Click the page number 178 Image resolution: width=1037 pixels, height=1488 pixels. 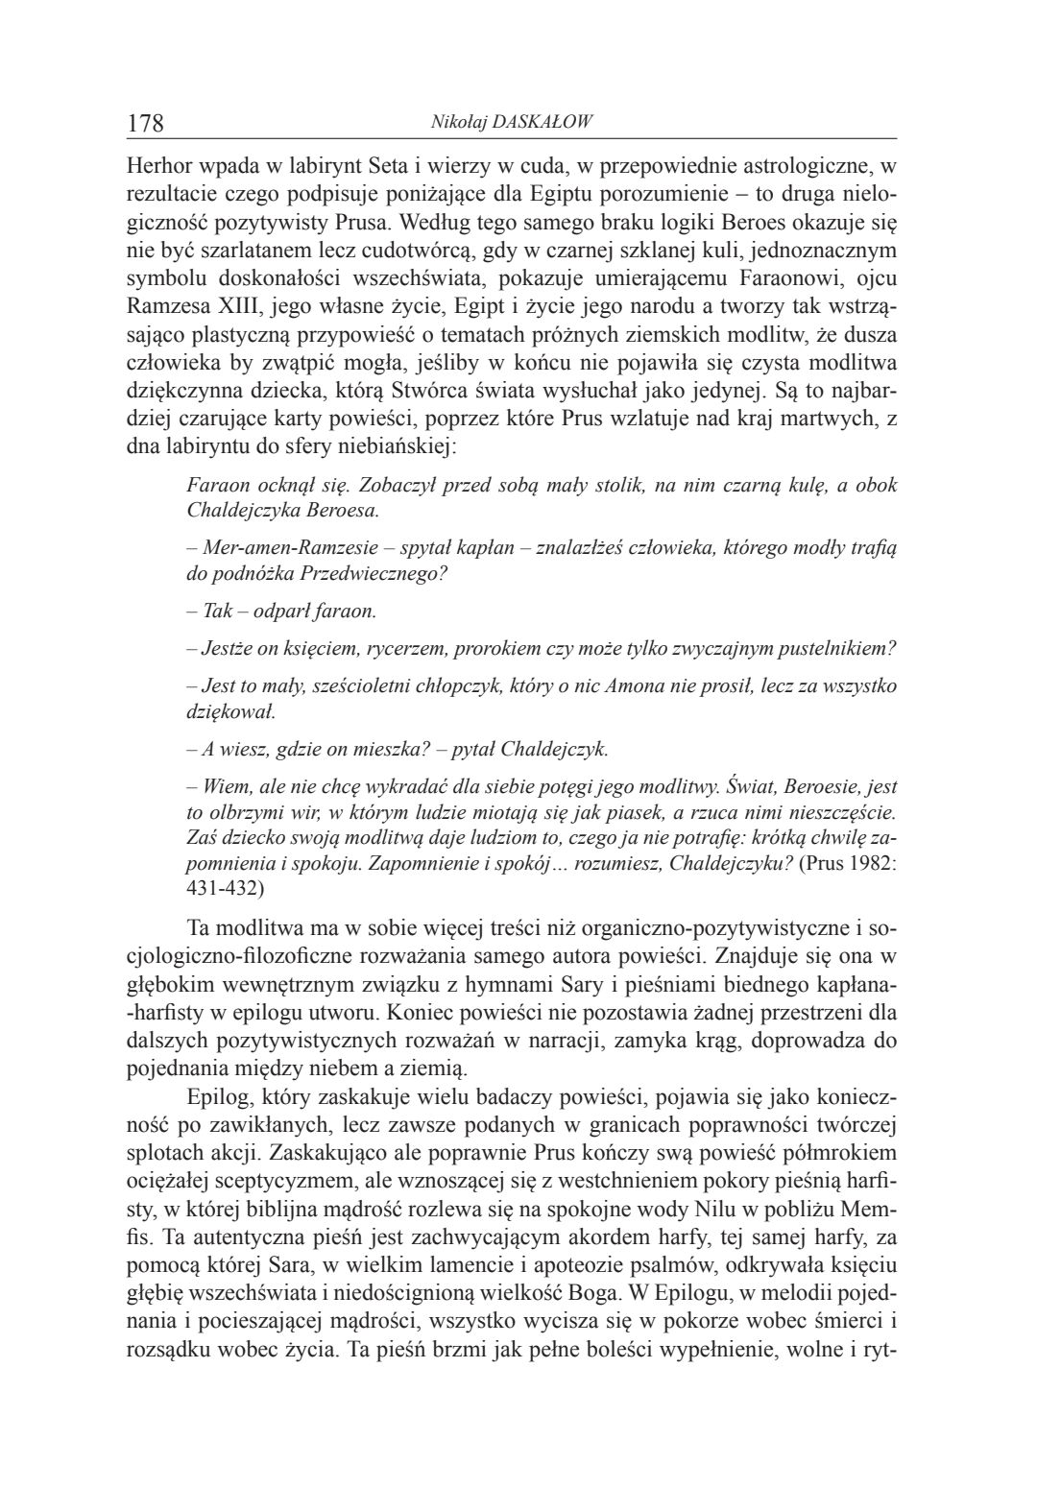pyautogui.click(x=146, y=124)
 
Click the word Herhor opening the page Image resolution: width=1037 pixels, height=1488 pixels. pyautogui.click(x=157, y=165)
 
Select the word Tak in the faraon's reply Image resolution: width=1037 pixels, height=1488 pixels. pyautogui.click(x=218, y=611)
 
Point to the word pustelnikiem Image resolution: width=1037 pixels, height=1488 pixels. pyautogui.click(x=839, y=648)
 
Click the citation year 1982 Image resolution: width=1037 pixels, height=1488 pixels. pyautogui.click(x=868, y=863)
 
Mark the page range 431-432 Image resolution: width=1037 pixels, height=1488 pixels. pyautogui.click(x=224, y=888)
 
